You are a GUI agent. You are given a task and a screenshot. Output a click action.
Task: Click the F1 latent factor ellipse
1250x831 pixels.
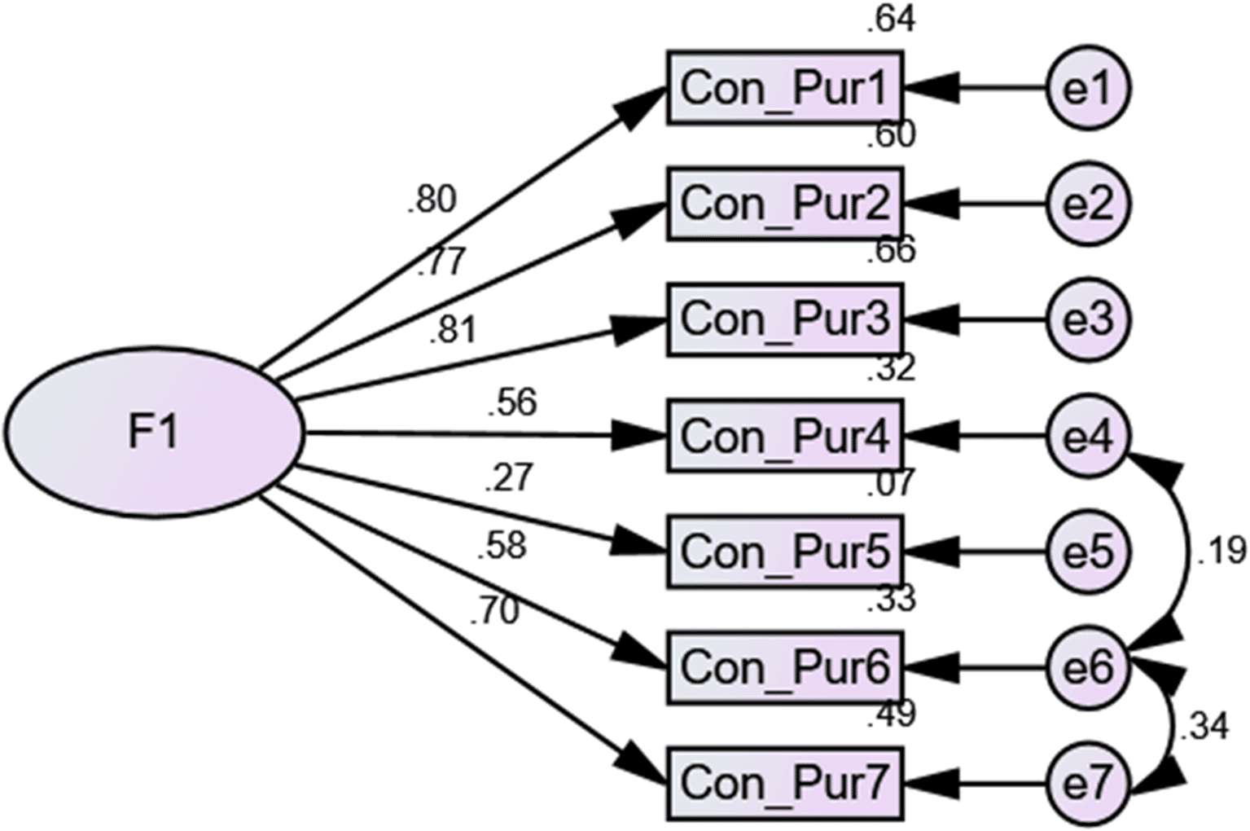click(x=155, y=432)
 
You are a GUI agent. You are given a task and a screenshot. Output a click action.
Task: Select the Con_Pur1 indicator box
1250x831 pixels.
click(x=785, y=88)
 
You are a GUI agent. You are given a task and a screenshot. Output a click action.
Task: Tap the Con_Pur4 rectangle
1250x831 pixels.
click(x=785, y=436)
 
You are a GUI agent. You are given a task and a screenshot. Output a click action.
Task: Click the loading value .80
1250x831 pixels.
click(x=432, y=200)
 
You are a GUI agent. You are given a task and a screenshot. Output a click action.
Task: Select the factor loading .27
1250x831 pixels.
click(x=509, y=478)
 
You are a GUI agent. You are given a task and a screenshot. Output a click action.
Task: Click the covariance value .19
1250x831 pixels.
click(x=1221, y=552)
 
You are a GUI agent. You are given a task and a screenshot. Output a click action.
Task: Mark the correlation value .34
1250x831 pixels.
click(x=1204, y=727)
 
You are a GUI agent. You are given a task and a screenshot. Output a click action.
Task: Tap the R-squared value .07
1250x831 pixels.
click(x=891, y=484)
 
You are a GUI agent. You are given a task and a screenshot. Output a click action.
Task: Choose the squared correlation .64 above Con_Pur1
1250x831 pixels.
click(x=891, y=20)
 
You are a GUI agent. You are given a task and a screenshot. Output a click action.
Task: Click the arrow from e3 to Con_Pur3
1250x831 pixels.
click(x=977, y=319)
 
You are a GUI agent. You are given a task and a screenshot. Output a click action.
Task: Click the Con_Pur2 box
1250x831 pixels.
click(x=785, y=204)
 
